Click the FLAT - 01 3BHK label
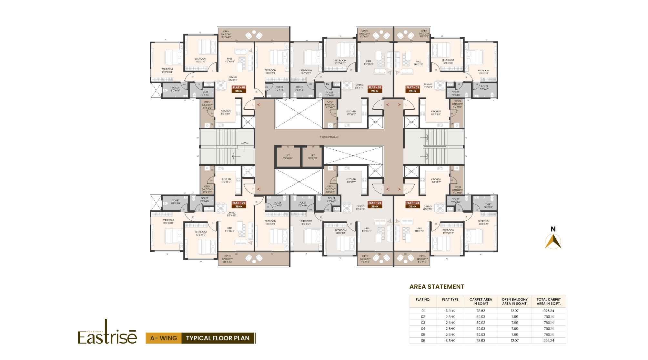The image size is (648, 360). tap(239, 89)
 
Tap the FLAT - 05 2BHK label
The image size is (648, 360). tap(375, 205)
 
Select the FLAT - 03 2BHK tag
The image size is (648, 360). tap(412, 89)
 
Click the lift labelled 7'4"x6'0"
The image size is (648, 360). tap(288, 157)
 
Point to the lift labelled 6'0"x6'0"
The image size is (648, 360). tap(313, 157)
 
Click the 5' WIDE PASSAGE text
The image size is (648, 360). tap(329, 137)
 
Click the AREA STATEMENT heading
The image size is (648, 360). tap(437, 286)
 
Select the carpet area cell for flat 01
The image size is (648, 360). tap(481, 311)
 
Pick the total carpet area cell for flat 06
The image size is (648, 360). tap(548, 340)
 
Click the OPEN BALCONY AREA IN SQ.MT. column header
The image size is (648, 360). tap(514, 302)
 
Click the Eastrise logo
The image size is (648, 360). tap(107, 334)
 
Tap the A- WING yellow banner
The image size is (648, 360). tap(164, 338)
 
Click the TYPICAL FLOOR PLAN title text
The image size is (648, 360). tap(218, 338)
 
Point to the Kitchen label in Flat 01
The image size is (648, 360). tap(226, 112)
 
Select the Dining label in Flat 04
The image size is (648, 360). tap(428, 208)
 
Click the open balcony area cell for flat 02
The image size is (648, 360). tap(514, 317)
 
